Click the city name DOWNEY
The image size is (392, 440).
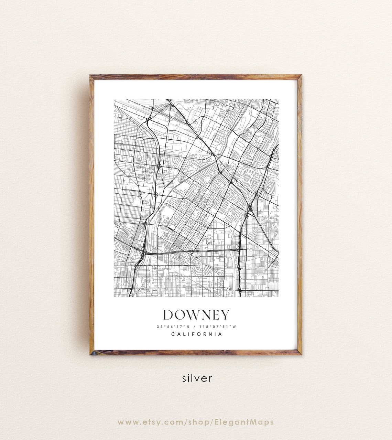point(196,315)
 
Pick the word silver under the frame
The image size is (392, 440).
point(197,378)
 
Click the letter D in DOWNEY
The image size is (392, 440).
point(168,315)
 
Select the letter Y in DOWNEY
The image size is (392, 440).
point(224,315)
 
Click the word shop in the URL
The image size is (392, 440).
point(195,422)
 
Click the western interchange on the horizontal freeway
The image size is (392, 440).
point(143,252)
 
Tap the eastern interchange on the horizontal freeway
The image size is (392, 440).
point(239,247)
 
